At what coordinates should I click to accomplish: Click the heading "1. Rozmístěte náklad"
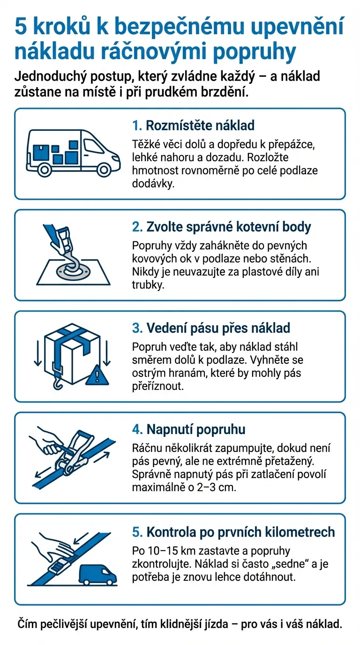(x=193, y=126)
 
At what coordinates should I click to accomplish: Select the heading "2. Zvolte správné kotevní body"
(x=221, y=227)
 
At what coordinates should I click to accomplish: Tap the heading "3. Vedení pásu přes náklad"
(x=211, y=328)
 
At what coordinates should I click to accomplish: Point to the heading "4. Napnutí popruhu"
(x=188, y=429)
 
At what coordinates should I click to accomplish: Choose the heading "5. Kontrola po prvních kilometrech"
(x=233, y=532)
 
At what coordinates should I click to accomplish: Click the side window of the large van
(x=94, y=145)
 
